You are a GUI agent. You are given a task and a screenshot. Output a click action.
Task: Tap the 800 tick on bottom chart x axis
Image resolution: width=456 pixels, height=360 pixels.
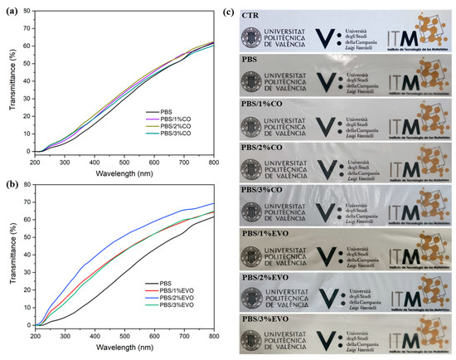click(214, 338)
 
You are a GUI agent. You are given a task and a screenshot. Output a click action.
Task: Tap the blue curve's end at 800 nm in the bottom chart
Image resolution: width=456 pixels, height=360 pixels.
click(214, 203)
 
